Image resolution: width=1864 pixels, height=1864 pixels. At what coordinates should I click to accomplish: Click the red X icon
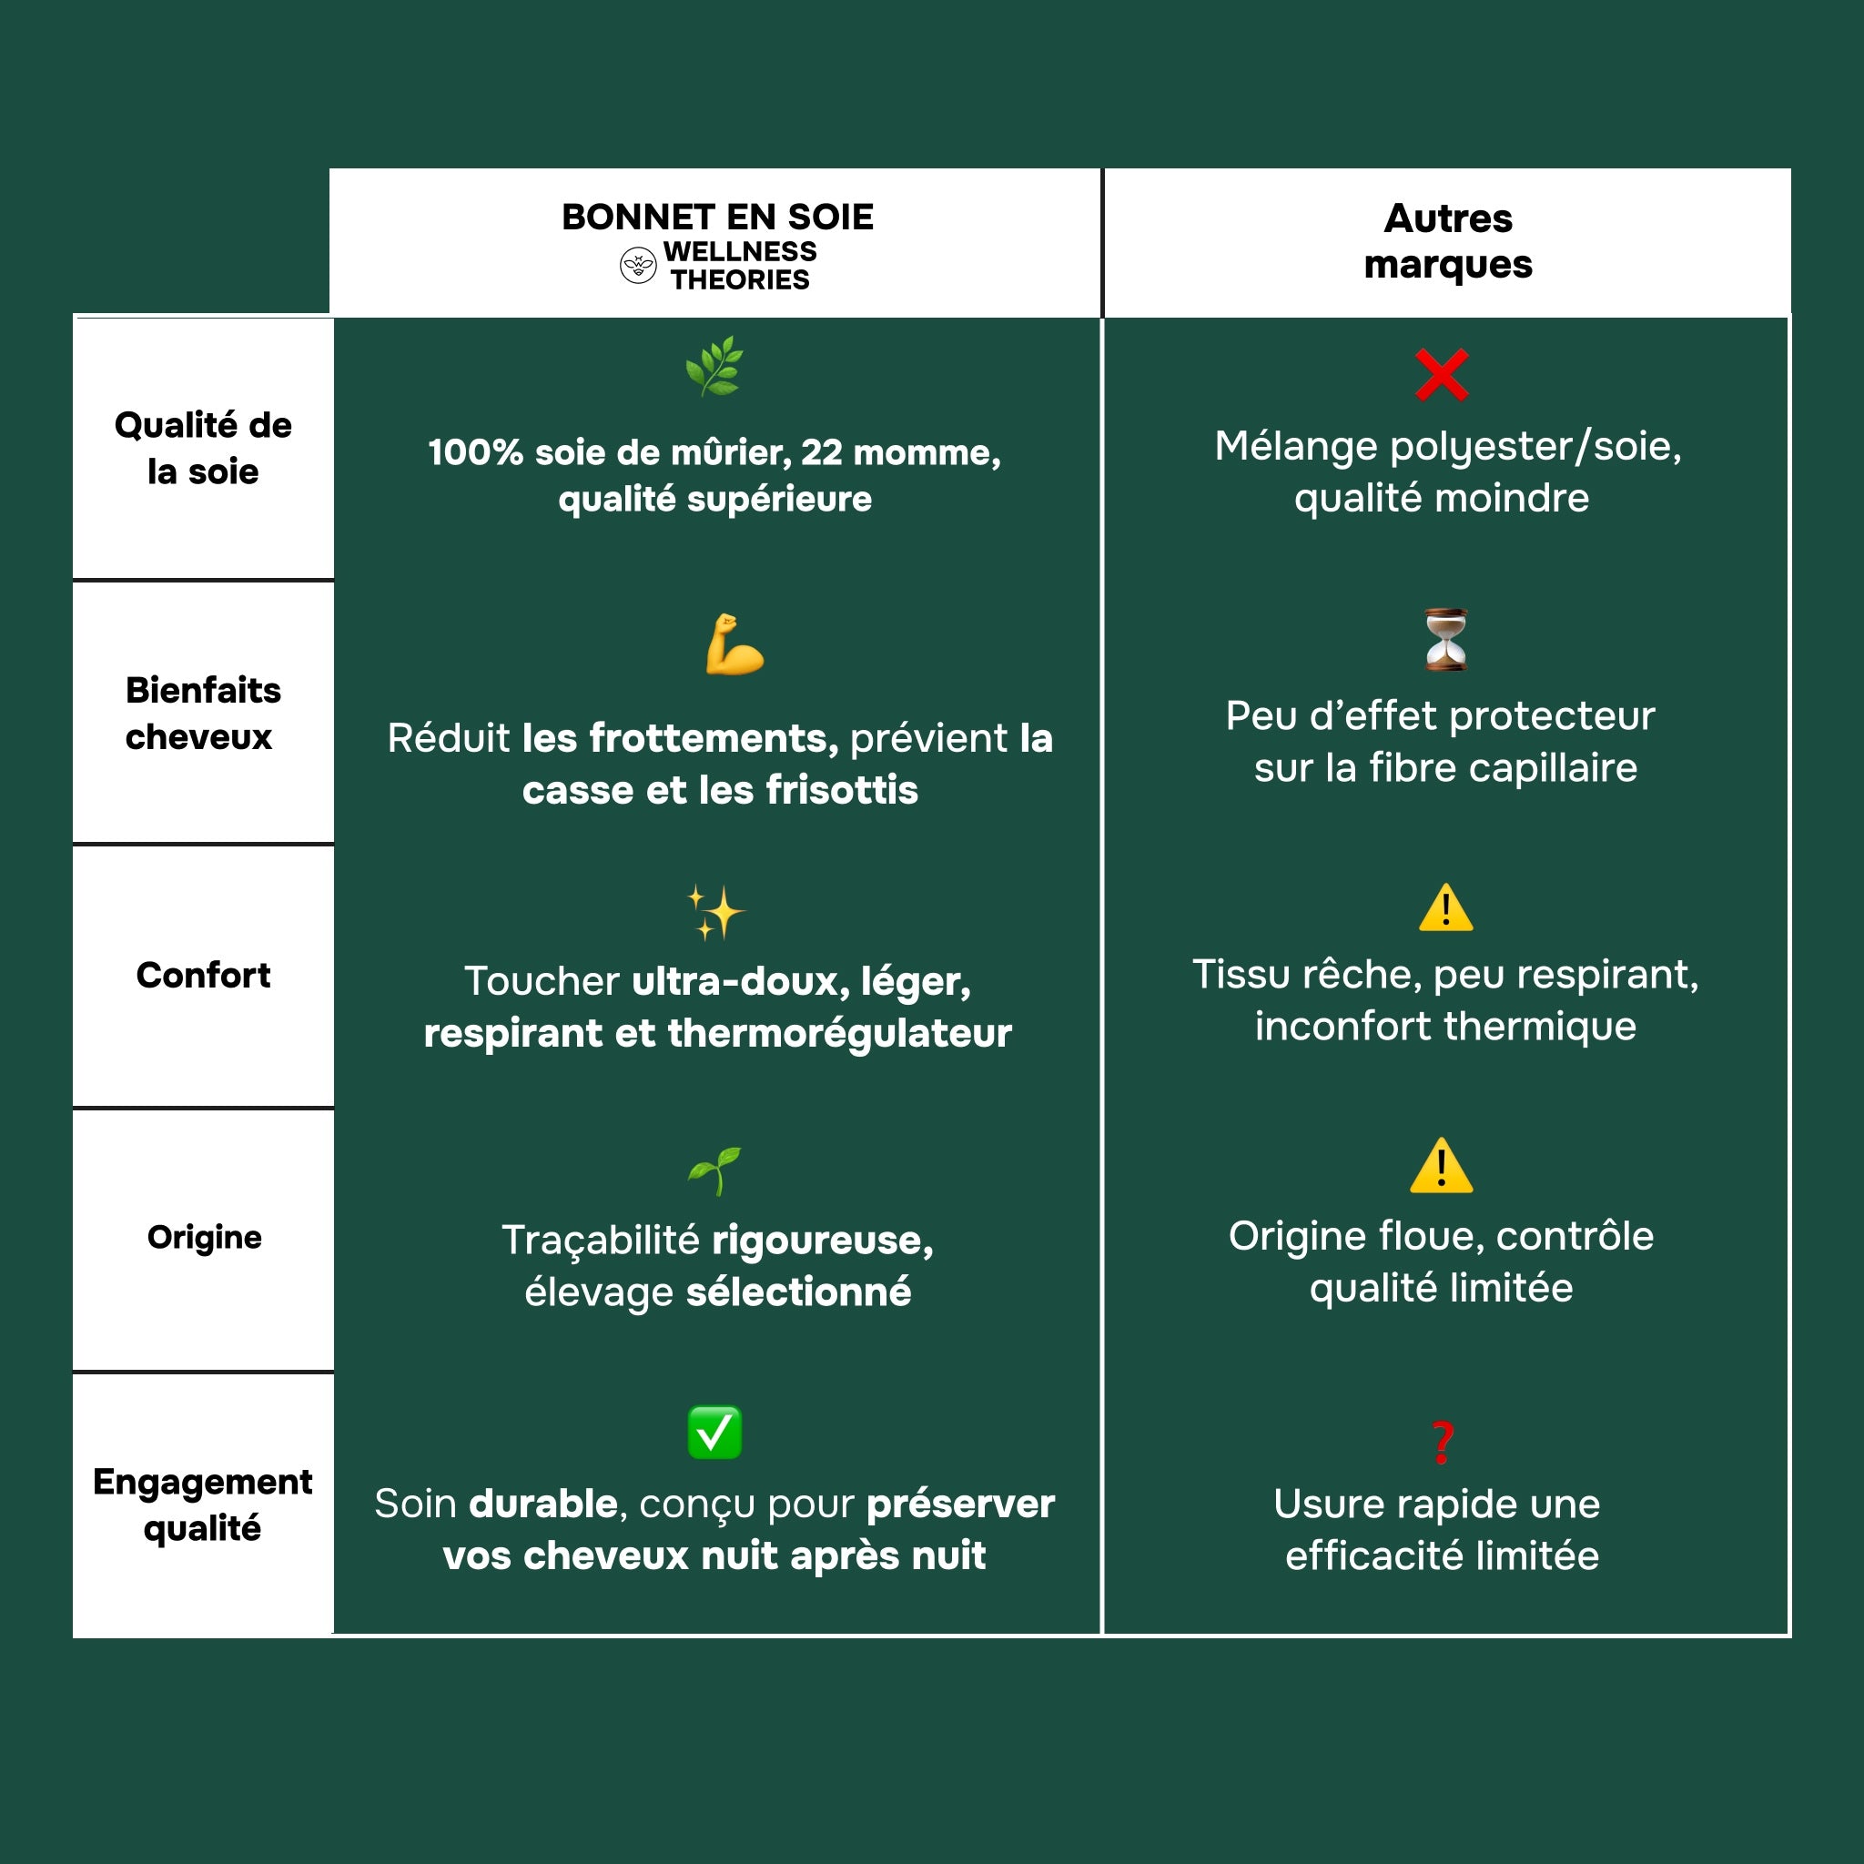click(x=1442, y=374)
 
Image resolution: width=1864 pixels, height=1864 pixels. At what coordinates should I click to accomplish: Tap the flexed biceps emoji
click(x=734, y=644)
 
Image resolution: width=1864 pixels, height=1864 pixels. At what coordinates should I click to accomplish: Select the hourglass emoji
click(x=1445, y=639)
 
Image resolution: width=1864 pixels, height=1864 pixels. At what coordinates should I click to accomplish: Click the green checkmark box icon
click(x=714, y=1432)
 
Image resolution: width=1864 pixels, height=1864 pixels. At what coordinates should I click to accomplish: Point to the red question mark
click(x=1442, y=1443)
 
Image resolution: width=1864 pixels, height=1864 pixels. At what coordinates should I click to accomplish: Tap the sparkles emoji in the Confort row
click(x=714, y=912)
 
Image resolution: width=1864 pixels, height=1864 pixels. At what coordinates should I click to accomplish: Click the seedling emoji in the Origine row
click(x=714, y=1170)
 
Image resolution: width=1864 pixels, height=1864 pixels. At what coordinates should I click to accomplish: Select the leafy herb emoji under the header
click(x=714, y=366)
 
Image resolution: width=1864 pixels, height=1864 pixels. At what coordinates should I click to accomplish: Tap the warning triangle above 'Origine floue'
click(x=1441, y=1167)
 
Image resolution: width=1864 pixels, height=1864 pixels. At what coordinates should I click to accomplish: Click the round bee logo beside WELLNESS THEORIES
click(x=638, y=266)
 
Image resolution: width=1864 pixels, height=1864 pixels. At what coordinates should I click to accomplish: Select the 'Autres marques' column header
click(x=1447, y=241)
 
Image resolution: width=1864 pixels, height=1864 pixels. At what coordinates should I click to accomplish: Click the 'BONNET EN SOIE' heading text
click(x=717, y=218)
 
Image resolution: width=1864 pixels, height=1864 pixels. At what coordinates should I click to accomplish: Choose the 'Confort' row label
click(x=203, y=975)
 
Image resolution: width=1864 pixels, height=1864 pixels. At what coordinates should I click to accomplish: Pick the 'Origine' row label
click(x=204, y=1237)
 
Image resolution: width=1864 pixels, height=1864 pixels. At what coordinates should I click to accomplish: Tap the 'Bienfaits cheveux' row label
click(x=203, y=713)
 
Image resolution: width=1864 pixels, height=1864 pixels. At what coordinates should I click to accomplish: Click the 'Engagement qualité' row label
click(x=203, y=1504)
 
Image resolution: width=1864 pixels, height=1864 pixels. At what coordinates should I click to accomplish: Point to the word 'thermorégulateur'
click(x=839, y=1033)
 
